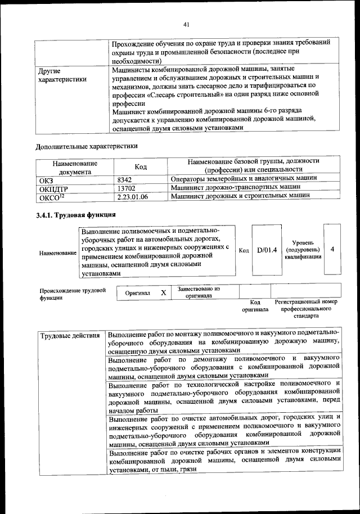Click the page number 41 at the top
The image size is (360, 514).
186,24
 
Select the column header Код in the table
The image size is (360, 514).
141,167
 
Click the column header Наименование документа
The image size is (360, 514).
75,167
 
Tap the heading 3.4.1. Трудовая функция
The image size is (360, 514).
76,215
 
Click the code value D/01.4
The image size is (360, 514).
267,250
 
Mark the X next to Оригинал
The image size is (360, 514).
163,293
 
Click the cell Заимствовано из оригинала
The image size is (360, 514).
199,292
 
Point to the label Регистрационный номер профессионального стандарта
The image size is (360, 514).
305,309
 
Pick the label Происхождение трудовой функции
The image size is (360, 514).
72,294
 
